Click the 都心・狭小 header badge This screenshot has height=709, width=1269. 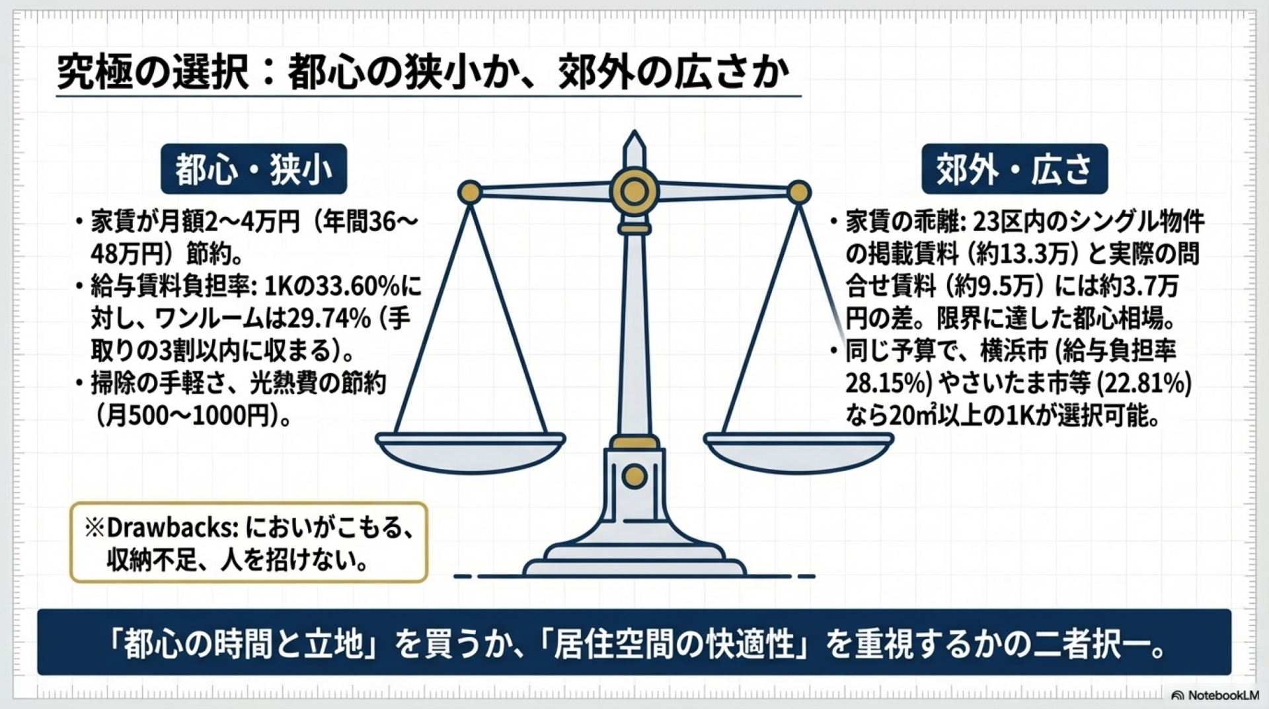pyautogui.click(x=254, y=169)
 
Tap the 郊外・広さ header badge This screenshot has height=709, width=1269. pyautogui.click(x=1014, y=169)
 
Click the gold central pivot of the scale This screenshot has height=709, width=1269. pyautogui.click(x=634, y=192)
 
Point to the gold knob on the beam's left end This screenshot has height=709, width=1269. pyautogui.click(x=470, y=192)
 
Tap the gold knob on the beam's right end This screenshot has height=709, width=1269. pyautogui.click(x=798, y=192)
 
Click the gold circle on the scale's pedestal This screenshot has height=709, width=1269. pyautogui.click(x=634, y=476)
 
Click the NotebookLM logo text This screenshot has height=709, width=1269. pyautogui.click(x=1223, y=695)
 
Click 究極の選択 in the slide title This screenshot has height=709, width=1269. pyautogui.click(x=153, y=72)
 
